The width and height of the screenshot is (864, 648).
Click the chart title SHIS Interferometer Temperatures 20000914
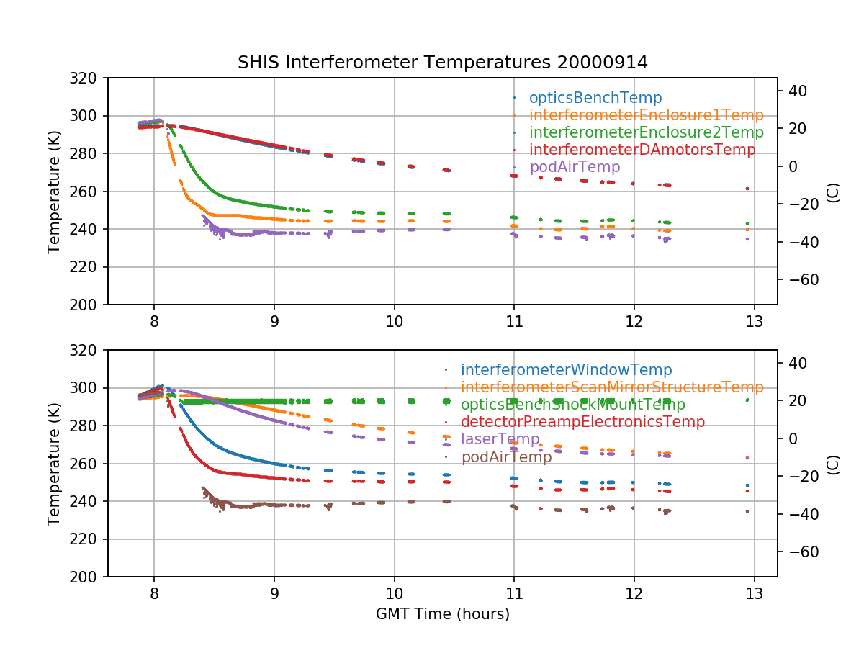442,63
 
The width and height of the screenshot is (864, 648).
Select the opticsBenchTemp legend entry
595,98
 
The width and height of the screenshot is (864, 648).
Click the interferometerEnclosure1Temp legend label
646,115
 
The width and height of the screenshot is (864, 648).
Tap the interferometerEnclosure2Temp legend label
646,132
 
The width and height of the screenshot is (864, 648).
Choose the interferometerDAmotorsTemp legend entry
642,150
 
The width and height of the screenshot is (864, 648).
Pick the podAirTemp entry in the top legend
574,167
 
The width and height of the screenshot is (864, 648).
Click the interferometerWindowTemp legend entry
566,370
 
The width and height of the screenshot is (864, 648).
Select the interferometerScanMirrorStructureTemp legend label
612,387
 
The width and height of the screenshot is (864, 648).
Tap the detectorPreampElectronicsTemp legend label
582,422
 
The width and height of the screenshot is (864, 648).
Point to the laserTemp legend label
500,439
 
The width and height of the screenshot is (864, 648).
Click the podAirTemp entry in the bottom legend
506,456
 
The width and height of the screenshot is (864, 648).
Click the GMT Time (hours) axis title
442,614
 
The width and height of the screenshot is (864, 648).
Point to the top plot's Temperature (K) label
53,192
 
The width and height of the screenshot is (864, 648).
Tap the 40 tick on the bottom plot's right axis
796,363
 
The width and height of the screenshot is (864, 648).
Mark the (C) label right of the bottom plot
833,464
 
